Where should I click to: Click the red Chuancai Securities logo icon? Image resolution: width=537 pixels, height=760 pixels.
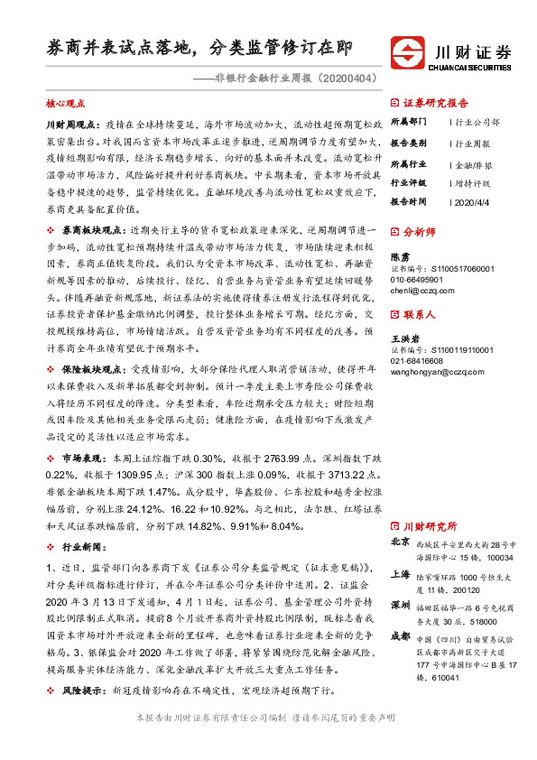click(x=410, y=51)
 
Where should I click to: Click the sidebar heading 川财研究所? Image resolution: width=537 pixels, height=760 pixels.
click(x=430, y=526)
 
